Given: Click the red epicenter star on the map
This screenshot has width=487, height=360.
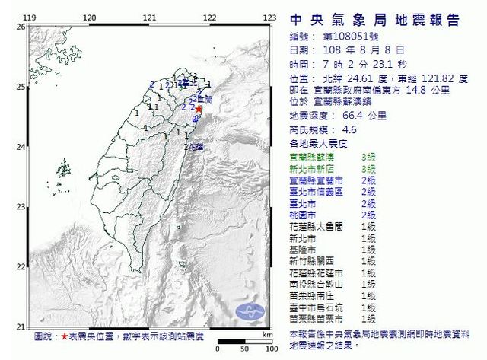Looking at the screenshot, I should click(x=199, y=109).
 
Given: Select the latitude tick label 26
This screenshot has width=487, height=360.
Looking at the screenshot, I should click(x=21, y=27).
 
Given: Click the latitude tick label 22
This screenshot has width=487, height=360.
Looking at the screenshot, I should click(x=21, y=264).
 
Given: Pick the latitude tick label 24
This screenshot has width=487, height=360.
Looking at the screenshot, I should click(x=21, y=145).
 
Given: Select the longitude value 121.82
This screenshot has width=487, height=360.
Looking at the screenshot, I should click(x=433, y=78).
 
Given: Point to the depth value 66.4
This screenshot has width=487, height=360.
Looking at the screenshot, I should click(x=352, y=116).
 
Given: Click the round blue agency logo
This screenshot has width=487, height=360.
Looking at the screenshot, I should click(x=250, y=311).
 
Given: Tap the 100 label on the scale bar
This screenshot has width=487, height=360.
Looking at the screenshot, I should click(x=268, y=342).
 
